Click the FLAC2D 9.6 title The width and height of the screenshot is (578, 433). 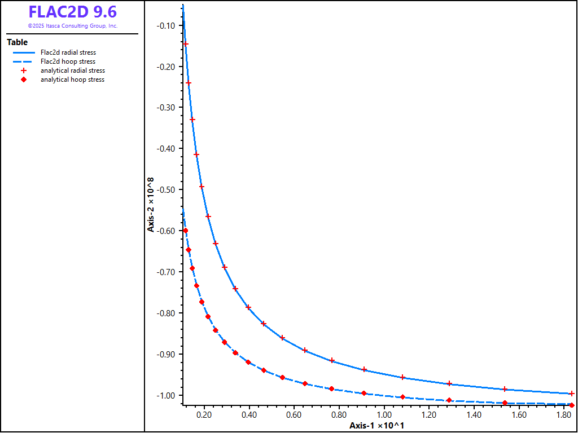[x=72, y=12]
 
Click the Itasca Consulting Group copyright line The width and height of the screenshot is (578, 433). [x=72, y=26]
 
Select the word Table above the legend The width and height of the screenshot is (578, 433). [x=17, y=42]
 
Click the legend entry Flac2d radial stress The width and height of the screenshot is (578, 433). [x=68, y=52]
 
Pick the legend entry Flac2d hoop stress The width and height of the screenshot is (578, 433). [x=68, y=61]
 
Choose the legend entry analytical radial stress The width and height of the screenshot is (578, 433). [x=73, y=70]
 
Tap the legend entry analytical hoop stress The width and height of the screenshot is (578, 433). [x=72, y=79]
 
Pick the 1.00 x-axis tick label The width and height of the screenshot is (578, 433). [x=384, y=415]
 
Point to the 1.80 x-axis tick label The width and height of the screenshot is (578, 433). [x=564, y=415]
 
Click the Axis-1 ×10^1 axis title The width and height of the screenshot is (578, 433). [x=376, y=425]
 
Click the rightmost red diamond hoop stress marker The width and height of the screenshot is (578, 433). [x=572, y=405]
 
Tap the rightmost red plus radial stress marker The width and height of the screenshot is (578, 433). [x=571, y=394]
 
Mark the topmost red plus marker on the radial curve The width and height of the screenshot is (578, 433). [x=186, y=44]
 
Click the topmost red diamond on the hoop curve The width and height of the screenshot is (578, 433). [x=186, y=231]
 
